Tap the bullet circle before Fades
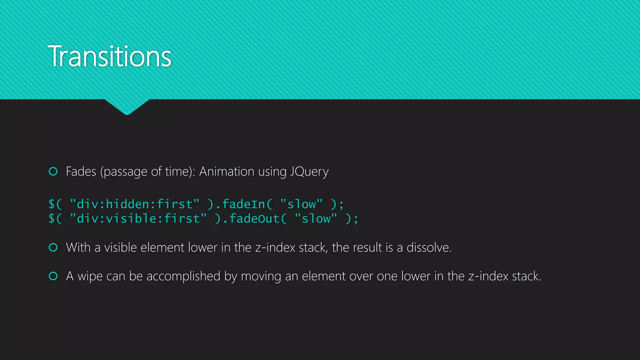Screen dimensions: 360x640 click(53, 171)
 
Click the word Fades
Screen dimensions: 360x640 click(81, 172)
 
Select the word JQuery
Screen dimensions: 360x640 click(309, 172)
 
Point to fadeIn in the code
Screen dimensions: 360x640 click(243, 204)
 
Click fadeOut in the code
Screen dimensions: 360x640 click(254, 218)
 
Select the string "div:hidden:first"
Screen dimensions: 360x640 click(134, 204)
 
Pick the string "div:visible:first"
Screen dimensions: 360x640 click(138, 218)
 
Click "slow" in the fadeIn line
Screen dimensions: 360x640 click(301, 204)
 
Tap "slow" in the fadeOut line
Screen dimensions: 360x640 click(316, 218)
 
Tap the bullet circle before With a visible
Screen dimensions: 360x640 click(53, 247)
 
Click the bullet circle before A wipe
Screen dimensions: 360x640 click(53, 276)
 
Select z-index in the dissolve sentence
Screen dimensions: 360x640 click(275, 247)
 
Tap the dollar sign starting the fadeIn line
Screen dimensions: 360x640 click(52, 204)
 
